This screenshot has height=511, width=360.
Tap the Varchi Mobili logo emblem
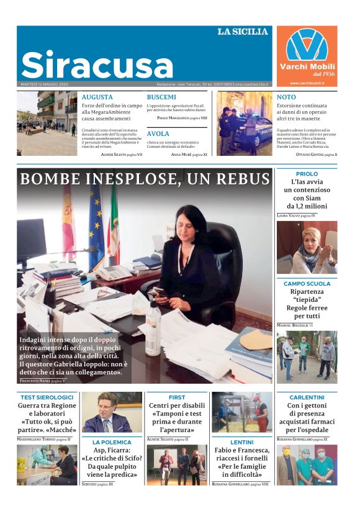[x=307, y=45]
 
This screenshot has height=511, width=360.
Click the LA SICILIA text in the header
[x=243, y=32]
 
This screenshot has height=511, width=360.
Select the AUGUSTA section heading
[x=97, y=97]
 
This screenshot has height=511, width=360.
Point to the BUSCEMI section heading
[x=161, y=97]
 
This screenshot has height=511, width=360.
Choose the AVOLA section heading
[x=158, y=133]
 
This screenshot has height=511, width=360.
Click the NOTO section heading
[x=286, y=97]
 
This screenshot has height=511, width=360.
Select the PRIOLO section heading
[x=307, y=174]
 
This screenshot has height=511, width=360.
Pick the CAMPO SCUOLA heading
[x=307, y=284]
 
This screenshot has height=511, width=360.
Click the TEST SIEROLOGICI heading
[x=47, y=397]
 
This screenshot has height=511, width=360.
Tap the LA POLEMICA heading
[x=112, y=443]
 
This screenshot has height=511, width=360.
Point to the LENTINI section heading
[x=241, y=443]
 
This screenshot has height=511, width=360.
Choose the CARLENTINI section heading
[x=307, y=397]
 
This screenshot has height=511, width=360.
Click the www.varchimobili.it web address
[x=307, y=83]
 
